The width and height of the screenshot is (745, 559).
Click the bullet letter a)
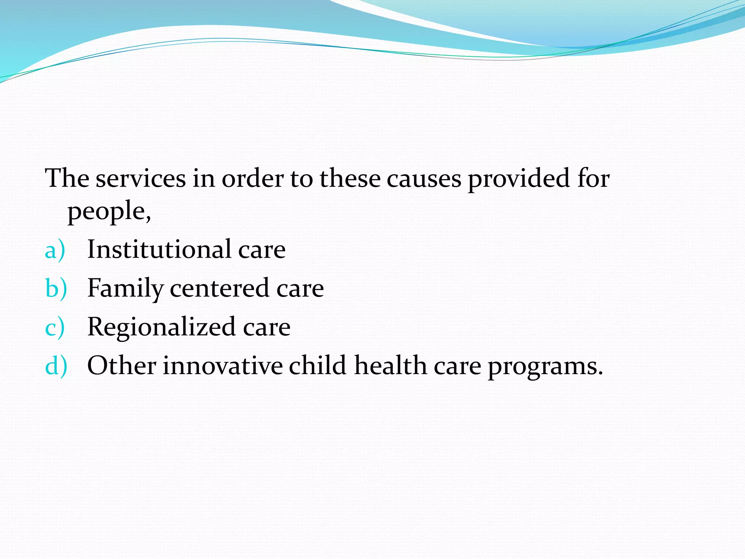pyautogui.click(x=55, y=251)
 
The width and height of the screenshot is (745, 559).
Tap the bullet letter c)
pyautogui.click(x=55, y=327)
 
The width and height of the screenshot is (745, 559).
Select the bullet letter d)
pyautogui.click(x=56, y=366)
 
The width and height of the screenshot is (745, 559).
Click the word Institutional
pyautogui.click(x=159, y=250)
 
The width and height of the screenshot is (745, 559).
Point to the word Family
pyautogui.click(x=125, y=289)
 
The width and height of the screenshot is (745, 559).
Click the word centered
pyautogui.click(x=220, y=289)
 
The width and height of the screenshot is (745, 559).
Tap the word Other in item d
pyautogui.click(x=121, y=366)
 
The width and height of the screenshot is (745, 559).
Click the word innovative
pyautogui.click(x=222, y=366)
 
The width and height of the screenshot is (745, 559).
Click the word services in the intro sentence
pyautogui.click(x=141, y=179)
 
